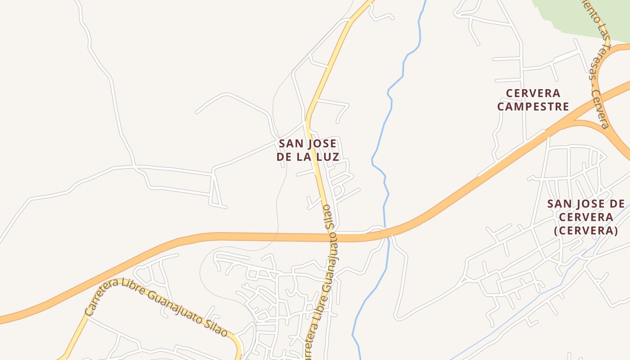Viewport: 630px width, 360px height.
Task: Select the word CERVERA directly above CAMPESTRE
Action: coord(533,94)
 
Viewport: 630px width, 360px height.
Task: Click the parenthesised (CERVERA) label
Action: coord(585,231)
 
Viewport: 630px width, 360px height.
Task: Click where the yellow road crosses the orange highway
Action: coord(333,237)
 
